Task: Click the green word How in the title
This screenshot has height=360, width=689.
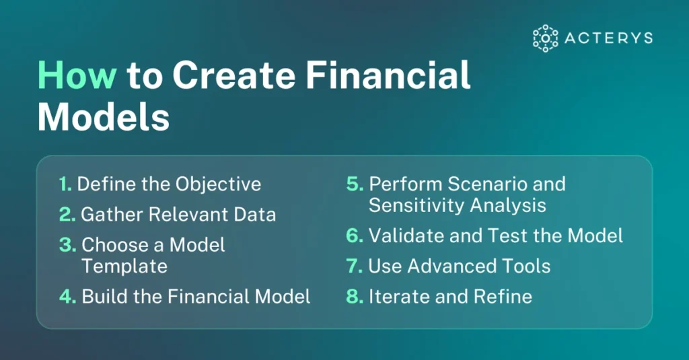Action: pyautogui.click(x=77, y=75)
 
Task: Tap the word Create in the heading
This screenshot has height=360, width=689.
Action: pyautogui.click(x=233, y=75)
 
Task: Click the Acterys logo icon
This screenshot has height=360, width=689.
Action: pyautogui.click(x=545, y=38)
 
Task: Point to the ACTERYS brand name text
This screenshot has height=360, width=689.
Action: pyautogui.click(x=608, y=38)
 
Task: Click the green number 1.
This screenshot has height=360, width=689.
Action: pyautogui.click(x=65, y=184)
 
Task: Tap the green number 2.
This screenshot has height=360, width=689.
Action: pyautogui.click(x=67, y=215)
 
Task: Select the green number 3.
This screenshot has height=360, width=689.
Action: pyautogui.click(x=68, y=245)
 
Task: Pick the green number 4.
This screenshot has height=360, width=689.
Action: pyautogui.click(x=68, y=297)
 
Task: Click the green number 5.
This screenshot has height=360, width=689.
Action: pyautogui.click(x=355, y=184)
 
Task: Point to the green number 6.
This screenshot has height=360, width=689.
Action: pyautogui.click(x=355, y=236)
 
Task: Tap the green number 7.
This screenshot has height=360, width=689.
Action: pyautogui.click(x=354, y=266)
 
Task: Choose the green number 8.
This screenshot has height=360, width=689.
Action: pyautogui.click(x=355, y=297)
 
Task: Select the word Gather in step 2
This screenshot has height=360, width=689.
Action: pyautogui.click(x=112, y=215)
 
